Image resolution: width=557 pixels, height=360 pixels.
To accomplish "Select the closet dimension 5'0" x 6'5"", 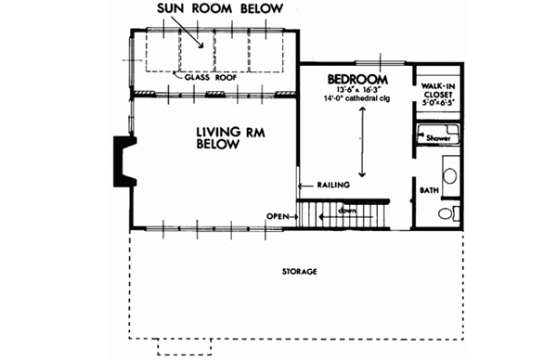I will (x=435, y=102).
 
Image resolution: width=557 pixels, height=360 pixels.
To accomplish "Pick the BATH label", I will (x=428, y=190).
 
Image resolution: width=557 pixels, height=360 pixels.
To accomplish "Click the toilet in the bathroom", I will (x=446, y=213).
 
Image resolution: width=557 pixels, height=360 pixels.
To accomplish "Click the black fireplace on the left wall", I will (x=122, y=160).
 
